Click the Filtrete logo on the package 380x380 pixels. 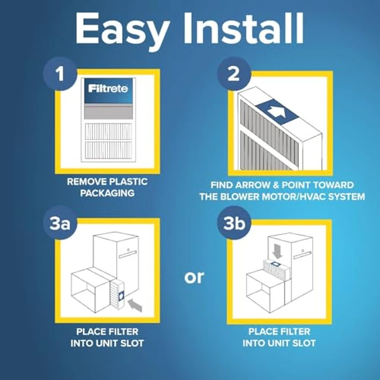[x=108, y=87]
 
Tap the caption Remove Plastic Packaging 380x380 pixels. [x=107, y=188]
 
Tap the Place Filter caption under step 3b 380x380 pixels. [x=279, y=337]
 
